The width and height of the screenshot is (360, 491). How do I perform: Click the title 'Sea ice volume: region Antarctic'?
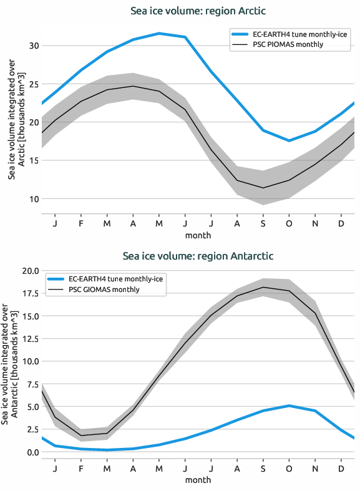pos(198,256)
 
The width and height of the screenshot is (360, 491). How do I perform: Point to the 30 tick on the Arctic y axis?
pos(33,46)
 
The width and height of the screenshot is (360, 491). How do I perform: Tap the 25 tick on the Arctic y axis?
pos(33,84)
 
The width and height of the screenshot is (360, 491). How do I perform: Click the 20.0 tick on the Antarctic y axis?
pos(29,271)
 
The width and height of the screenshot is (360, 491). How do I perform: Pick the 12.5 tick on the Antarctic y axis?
pos(29,339)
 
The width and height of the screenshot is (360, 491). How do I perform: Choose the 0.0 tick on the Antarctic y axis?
pos(31,452)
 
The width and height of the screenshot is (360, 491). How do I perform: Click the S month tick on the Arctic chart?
pos(263,223)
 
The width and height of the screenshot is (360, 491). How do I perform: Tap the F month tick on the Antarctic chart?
pos(81,468)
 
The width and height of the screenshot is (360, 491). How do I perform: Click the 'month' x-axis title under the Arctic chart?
pos(198,235)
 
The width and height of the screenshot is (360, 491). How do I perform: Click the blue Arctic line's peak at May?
pos(159,33)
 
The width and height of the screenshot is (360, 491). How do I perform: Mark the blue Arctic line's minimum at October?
pos(289,141)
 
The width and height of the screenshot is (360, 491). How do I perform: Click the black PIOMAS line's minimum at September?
pos(263,188)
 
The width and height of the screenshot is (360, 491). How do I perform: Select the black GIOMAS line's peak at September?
pos(263,288)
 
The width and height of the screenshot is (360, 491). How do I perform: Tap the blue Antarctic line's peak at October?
pos(289,406)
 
